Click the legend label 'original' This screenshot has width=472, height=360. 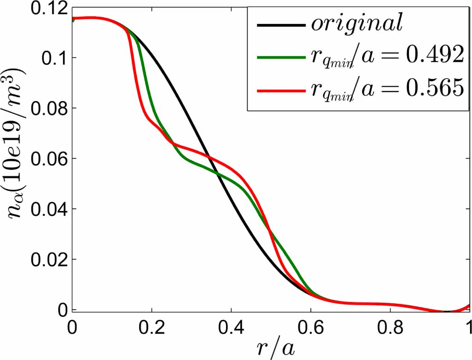click(357, 24)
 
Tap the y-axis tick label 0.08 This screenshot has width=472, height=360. click(47, 109)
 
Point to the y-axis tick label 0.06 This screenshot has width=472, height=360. click(47, 159)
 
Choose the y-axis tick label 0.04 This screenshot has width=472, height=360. click(47, 209)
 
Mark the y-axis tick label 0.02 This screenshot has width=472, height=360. click(47, 260)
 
